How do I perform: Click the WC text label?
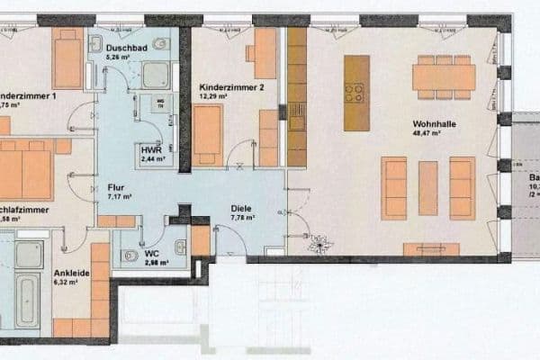152,253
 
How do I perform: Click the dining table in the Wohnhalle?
444,77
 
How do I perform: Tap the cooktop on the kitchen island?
355,93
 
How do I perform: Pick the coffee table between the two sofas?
428,187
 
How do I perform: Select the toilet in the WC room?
130,254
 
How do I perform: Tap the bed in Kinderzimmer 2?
207,134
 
